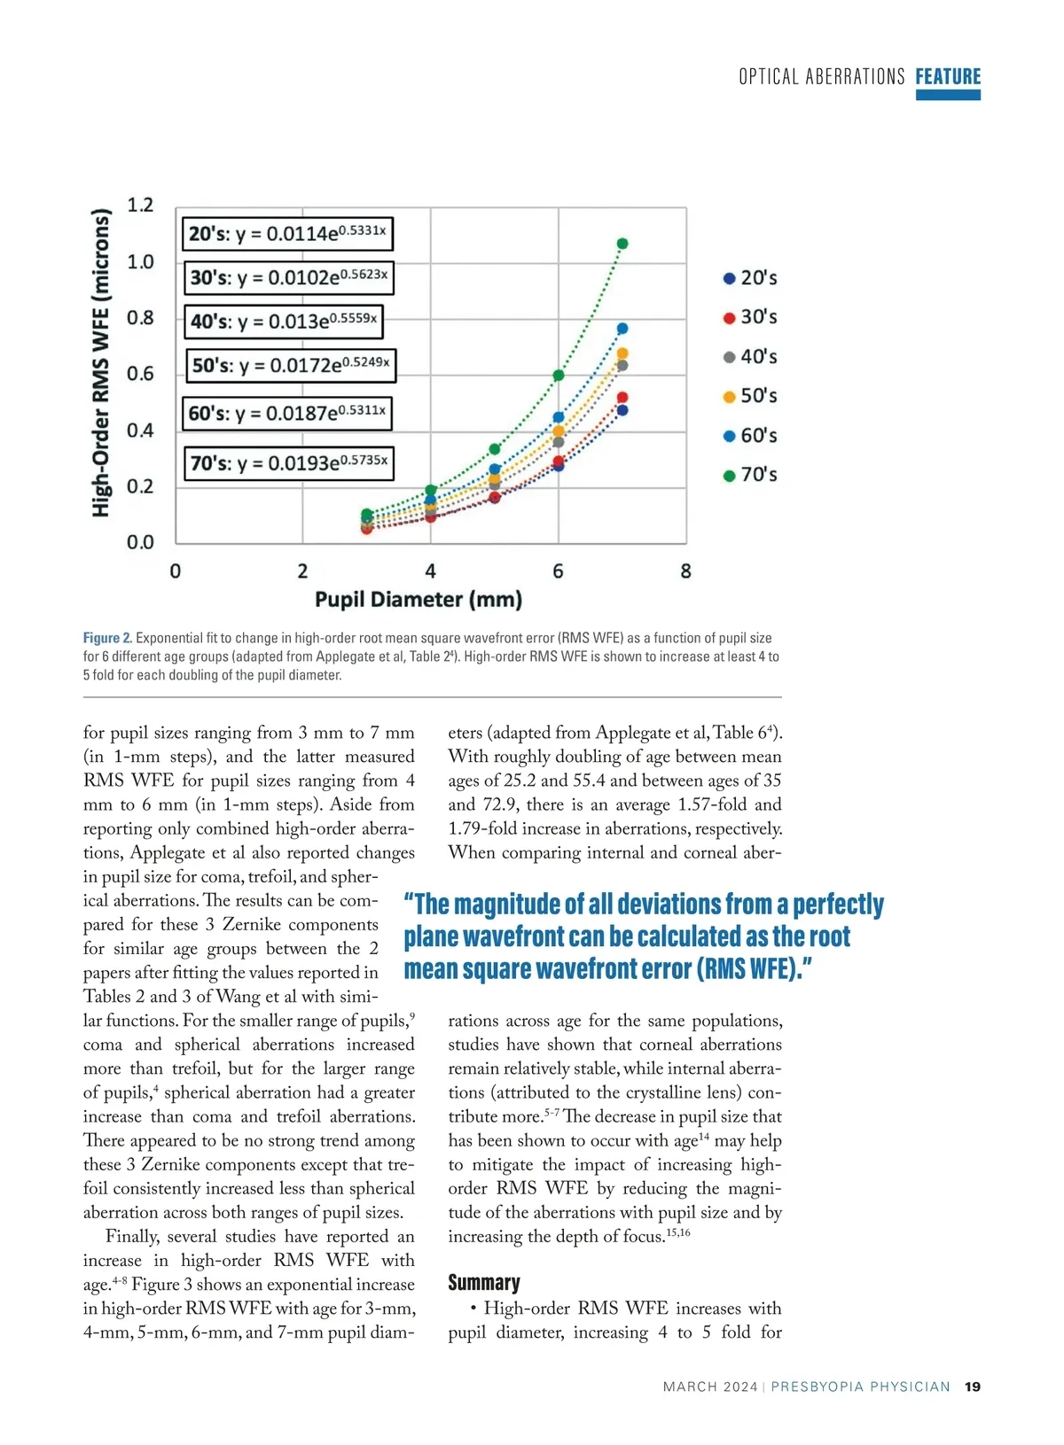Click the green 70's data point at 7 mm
click(622, 244)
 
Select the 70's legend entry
click(750, 475)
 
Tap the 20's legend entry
click(750, 278)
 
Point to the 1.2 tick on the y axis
click(140, 206)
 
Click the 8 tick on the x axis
click(685, 571)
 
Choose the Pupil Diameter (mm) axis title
click(419, 600)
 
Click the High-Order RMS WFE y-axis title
click(102, 363)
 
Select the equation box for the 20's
click(287, 234)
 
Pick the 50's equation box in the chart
click(291, 365)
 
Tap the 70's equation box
click(289, 462)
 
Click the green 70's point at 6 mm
click(559, 376)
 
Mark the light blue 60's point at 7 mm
click(622, 329)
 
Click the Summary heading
click(484, 1283)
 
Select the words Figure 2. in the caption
click(107, 638)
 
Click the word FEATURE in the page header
click(948, 77)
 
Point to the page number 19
click(973, 1387)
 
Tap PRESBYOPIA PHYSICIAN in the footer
click(860, 1387)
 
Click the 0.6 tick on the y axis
click(140, 374)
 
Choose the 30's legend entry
click(750, 317)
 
